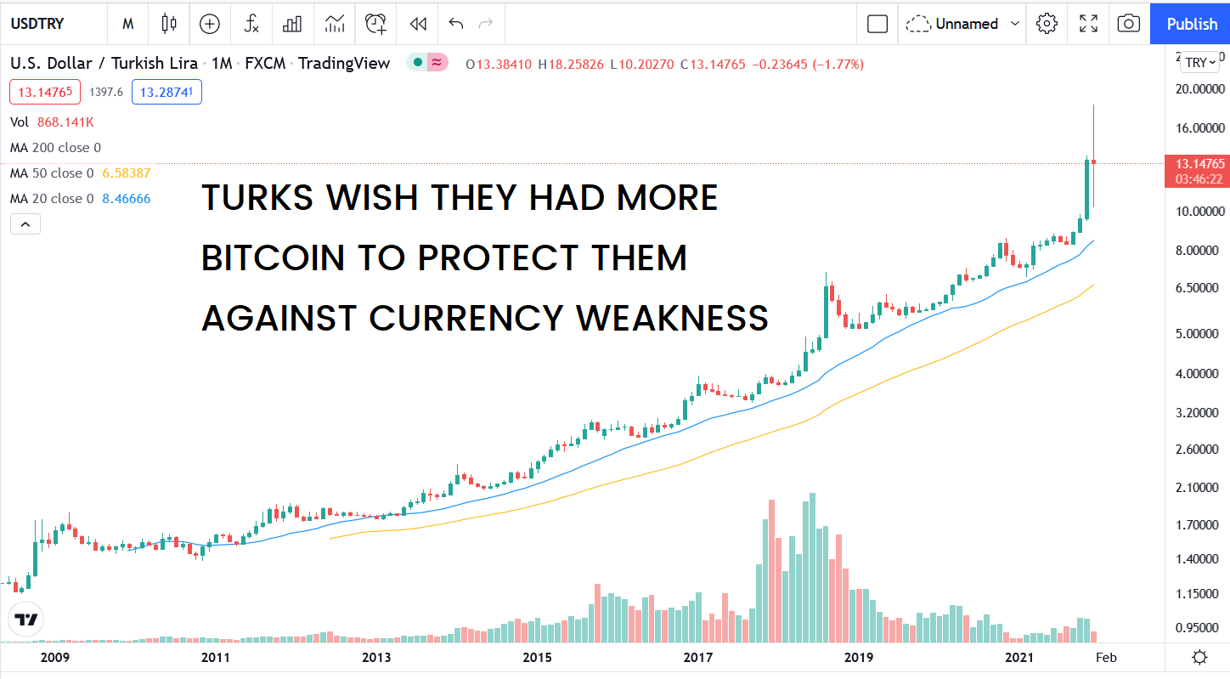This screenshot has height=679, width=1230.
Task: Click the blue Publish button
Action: click(x=1191, y=24)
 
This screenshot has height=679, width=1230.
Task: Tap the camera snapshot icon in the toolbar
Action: click(x=1128, y=24)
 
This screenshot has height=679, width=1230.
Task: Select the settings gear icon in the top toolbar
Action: click(x=1047, y=24)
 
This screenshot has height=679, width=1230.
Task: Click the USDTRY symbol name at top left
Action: click(x=37, y=24)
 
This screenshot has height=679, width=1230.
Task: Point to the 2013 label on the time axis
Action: click(x=376, y=657)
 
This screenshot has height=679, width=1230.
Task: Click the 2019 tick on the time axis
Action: click(x=859, y=657)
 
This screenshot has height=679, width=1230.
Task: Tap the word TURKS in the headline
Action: click(x=258, y=198)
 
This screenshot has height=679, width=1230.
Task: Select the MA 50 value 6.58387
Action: click(x=127, y=173)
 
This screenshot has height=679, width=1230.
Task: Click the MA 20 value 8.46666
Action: click(x=127, y=199)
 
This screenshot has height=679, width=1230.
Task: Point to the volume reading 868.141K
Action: click(x=65, y=122)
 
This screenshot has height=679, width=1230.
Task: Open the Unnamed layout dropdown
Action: click(x=962, y=24)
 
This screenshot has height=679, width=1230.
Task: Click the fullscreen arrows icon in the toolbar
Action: click(x=1088, y=24)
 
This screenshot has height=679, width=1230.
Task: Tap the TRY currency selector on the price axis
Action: click(x=1201, y=62)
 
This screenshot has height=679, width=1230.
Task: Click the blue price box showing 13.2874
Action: click(x=166, y=92)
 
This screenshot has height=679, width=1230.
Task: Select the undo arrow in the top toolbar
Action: click(x=456, y=24)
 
